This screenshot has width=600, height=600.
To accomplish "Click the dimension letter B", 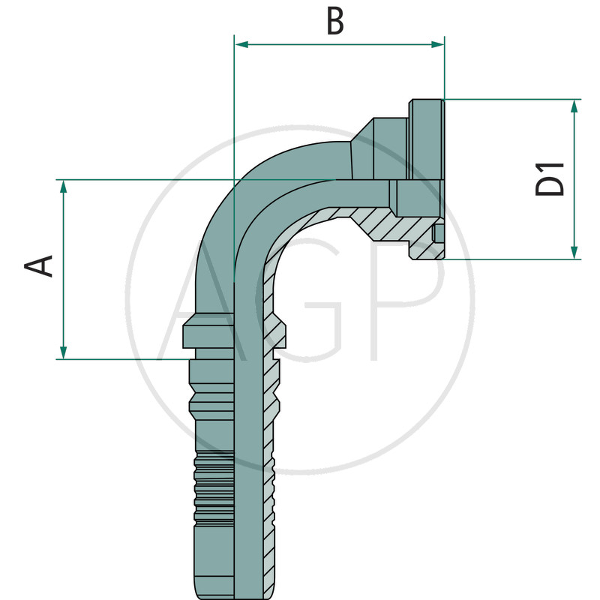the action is [x=335, y=21].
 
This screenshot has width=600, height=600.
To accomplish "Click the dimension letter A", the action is [x=38, y=265].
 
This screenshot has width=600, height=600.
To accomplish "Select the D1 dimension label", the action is [x=550, y=179].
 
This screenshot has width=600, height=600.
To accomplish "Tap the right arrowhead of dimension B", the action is [x=437, y=45].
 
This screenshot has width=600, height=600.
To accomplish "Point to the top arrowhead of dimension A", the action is [x=64, y=186].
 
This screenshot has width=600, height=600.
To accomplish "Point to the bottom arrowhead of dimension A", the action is [x=64, y=352].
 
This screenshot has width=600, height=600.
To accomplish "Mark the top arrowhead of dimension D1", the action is [x=574, y=106].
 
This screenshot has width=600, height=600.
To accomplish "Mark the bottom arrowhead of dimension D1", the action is [x=574, y=252].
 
